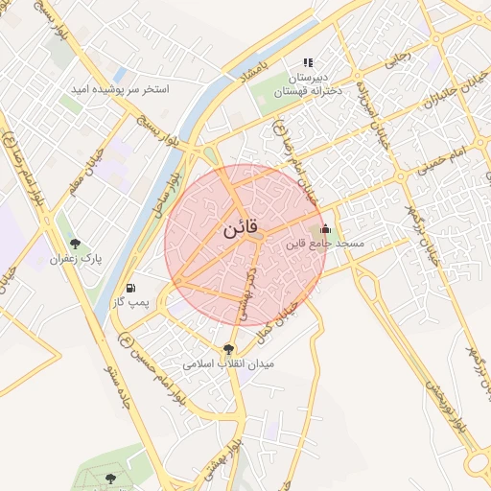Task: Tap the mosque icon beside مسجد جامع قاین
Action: [x=325, y=229]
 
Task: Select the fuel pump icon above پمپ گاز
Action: [x=130, y=288]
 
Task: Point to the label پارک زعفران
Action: [x=76, y=259]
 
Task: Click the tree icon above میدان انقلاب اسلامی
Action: [x=228, y=350]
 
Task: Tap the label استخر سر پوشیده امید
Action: [x=119, y=89]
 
